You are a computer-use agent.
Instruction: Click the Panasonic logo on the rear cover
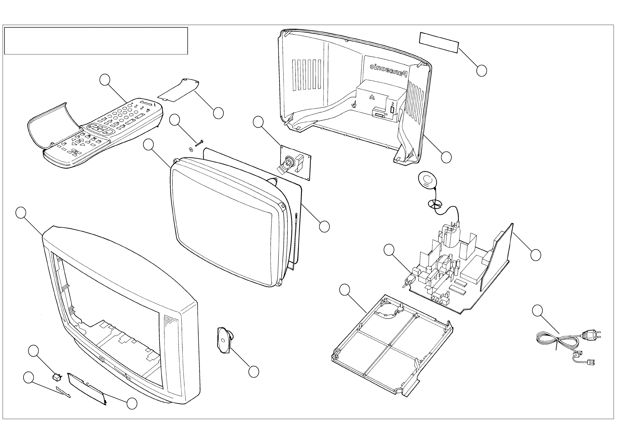(389, 69)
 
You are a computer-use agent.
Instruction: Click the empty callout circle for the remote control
(105, 80)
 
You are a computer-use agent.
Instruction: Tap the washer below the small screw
(190, 149)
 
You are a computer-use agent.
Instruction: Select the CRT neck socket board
(296, 163)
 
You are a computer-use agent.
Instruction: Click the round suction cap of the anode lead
(427, 180)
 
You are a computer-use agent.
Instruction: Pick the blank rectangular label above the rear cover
(439, 43)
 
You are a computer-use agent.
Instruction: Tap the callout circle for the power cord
(538, 311)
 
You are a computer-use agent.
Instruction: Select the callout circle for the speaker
(254, 372)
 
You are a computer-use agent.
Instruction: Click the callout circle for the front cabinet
(21, 213)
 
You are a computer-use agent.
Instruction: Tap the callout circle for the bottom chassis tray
(345, 290)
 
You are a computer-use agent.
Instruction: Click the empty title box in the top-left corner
(96, 41)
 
